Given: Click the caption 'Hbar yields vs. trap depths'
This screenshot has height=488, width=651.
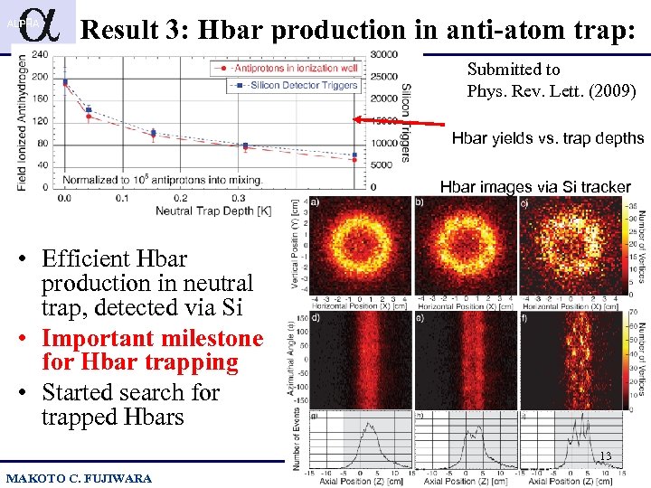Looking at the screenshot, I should [x=547, y=138].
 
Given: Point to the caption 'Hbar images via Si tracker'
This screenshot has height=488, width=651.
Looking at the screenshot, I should [x=534, y=187].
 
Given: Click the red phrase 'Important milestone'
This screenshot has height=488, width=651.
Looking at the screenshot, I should [x=152, y=339].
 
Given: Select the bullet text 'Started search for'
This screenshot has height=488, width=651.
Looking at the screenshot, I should [x=130, y=393].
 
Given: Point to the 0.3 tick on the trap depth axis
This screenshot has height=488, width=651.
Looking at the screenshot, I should [x=237, y=197].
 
